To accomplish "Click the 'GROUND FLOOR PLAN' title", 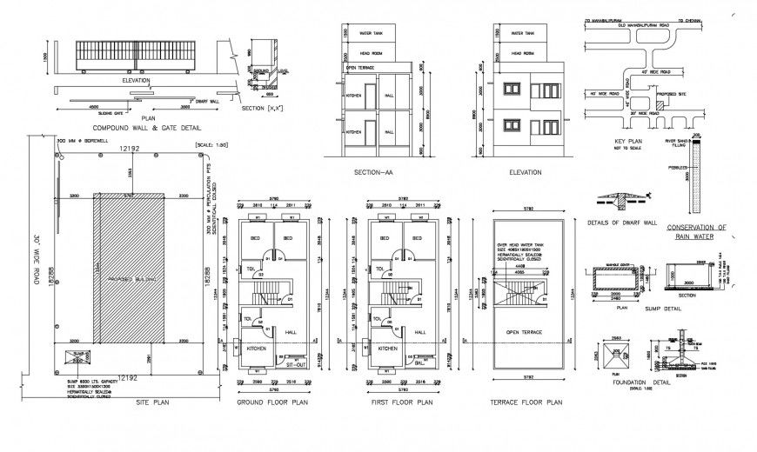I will coord(272,403).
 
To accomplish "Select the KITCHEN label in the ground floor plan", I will coord(258,348).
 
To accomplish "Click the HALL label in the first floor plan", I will coord(420,333).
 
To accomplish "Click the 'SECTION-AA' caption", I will coord(375,172).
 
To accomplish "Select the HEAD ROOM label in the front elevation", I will coord(523,52).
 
